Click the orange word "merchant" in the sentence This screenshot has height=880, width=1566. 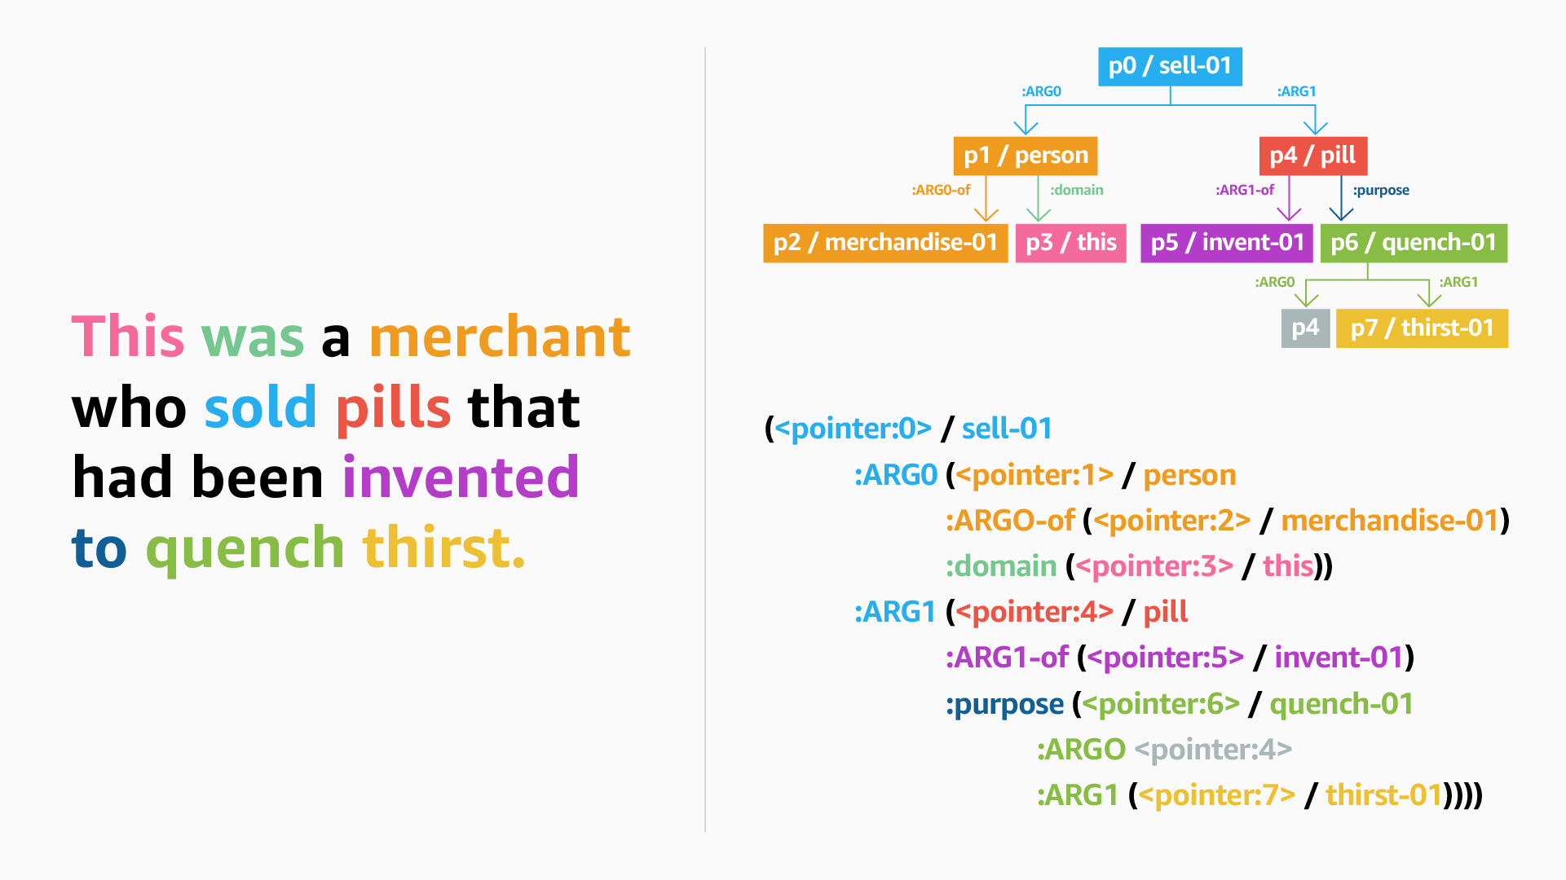click(x=500, y=337)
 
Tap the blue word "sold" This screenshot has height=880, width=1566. click(x=260, y=407)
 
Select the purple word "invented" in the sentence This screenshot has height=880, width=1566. click(x=461, y=477)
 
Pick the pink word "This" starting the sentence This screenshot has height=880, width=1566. click(x=128, y=337)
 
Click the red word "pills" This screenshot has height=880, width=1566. click(x=393, y=408)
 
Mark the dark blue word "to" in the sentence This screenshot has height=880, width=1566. click(x=99, y=548)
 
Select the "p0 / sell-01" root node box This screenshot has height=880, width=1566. click(x=1170, y=66)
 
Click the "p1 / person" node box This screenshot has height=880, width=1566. click(x=1026, y=156)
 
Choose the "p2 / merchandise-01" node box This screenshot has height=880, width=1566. click(x=885, y=243)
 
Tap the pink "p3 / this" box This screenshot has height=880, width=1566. click(x=1071, y=243)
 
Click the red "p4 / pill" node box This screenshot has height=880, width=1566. click(x=1312, y=156)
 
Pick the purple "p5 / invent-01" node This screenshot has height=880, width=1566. click(x=1227, y=243)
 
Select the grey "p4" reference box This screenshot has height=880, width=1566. click(x=1305, y=328)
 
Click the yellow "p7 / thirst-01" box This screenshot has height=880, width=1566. click(x=1422, y=328)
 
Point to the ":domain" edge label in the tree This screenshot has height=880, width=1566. click(x=1076, y=190)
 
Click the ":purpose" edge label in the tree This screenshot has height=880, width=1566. click(x=1381, y=191)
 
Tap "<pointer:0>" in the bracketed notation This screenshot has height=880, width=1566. click(x=853, y=429)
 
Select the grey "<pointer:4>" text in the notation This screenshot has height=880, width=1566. click(x=1213, y=750)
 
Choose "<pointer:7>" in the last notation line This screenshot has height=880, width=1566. click(x=1216, y=795)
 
